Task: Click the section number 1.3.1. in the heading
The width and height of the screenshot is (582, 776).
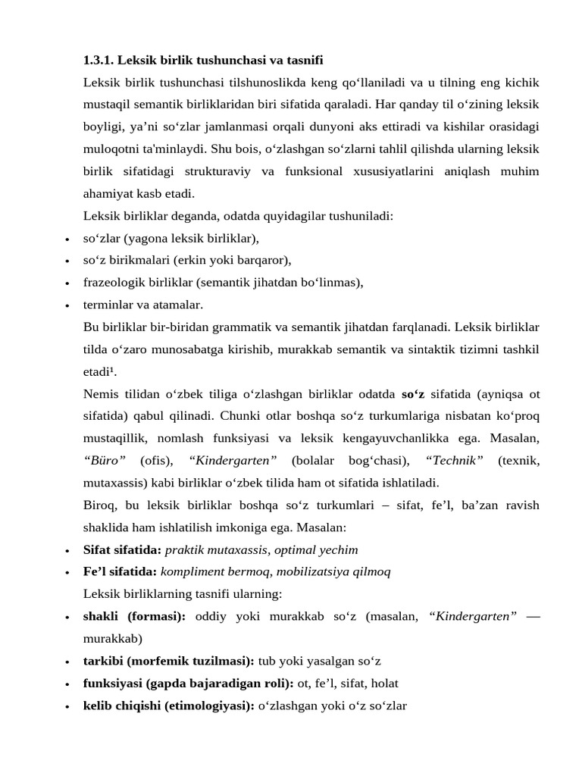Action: pyautogui.click(x=99, y=60)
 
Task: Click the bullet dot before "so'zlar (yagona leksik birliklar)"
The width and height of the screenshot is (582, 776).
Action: pyautogui.click(x=68, y=239)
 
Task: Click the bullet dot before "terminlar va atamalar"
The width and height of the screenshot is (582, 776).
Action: pyautogui.click(x=68, y=305)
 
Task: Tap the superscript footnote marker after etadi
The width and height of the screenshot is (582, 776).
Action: pyautogui.click(x=114, y=370)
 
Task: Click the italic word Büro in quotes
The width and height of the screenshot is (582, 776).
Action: pyautogui.click(x=105, y=460)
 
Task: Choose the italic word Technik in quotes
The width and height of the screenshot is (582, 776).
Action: pyautogui.click(x=455, y=460)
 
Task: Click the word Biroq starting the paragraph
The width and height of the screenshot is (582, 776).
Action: pyautogui.click(x=99, y=505)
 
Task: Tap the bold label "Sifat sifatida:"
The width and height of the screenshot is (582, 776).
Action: pyautogui.click(x=122, y=549)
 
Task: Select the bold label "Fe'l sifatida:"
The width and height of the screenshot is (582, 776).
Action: pyautogui.click(x=120, y=571)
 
